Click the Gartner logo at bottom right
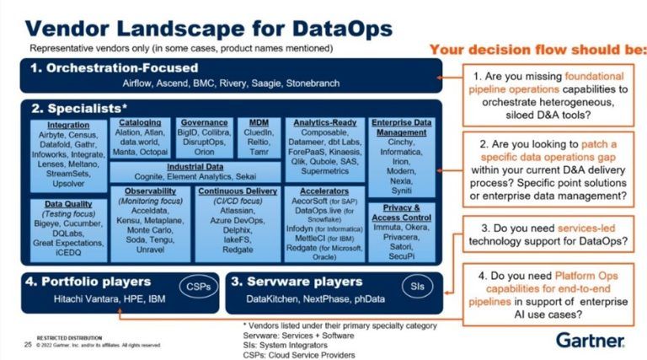(590, 340)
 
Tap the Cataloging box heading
(139, 122)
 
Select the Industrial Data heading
(194, 166)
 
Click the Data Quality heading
(66, 203)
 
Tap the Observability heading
(146, 191)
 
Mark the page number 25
(27, 344)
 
